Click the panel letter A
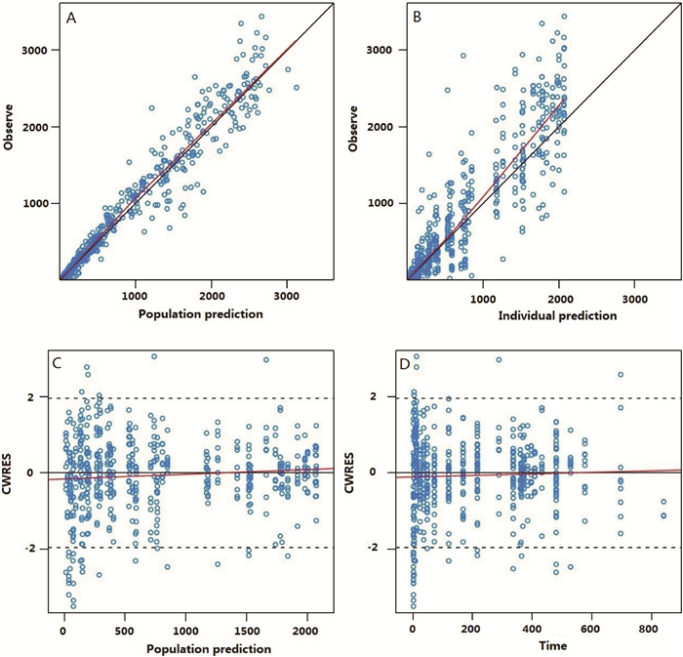[71, 19]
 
